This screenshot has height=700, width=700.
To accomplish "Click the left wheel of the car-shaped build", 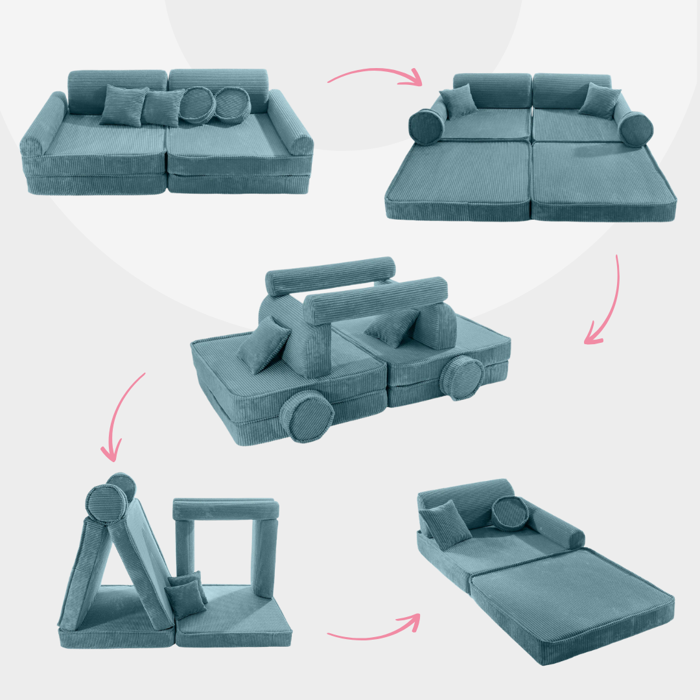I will [309, 415].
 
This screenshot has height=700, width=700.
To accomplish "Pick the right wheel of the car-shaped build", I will [463, 375].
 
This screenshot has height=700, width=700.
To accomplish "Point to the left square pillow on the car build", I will [262, 346].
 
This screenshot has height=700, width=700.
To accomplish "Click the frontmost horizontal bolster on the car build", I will [376, 301].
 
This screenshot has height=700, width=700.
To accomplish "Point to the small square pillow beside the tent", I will [185, 593].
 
